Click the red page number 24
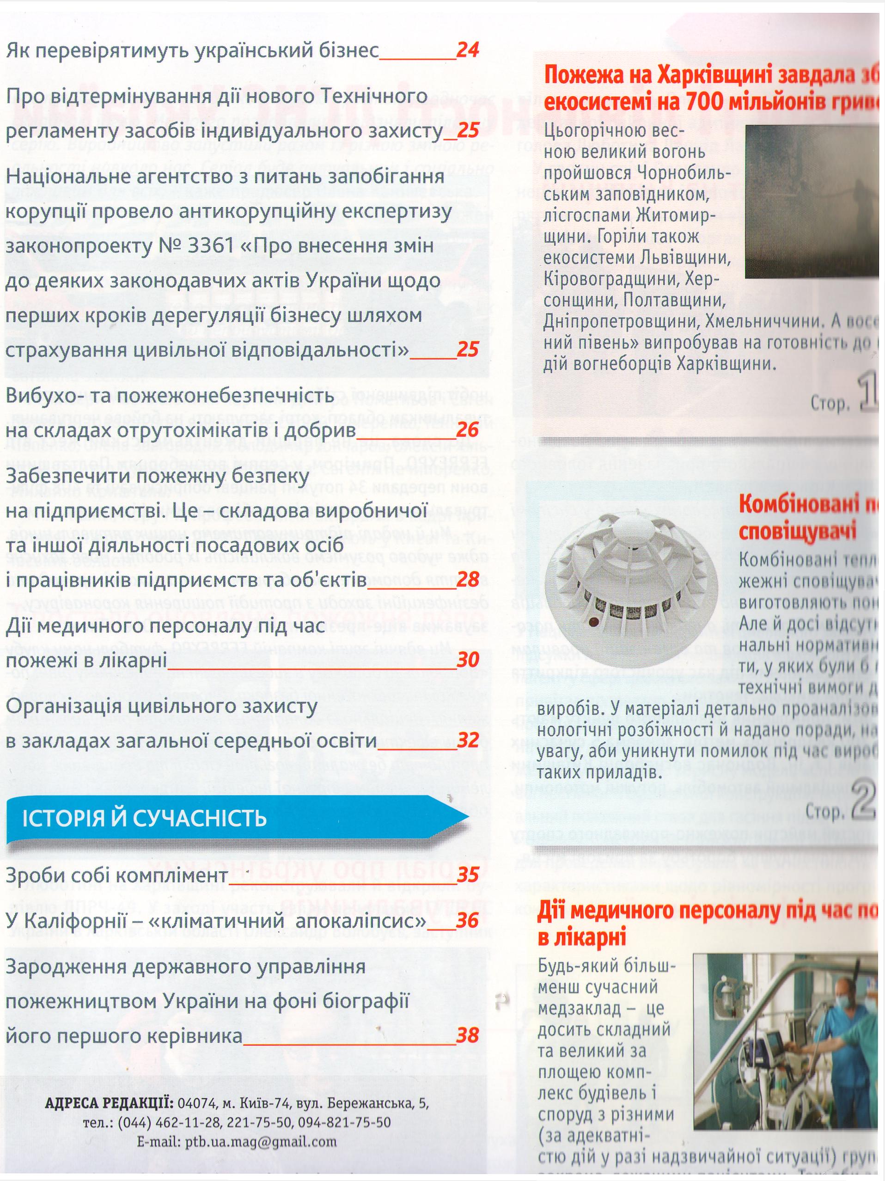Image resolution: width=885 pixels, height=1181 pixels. (x=468, y=50)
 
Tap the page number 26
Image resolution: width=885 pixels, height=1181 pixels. (x=468, y=430)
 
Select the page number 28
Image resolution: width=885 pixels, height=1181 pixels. (x=468, y=580)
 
